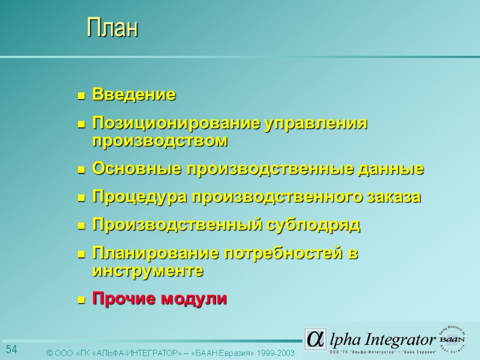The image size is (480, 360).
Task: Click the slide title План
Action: coord(112,28)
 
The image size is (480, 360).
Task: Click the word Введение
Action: coord(134,95)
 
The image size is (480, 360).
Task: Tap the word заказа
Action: coord(392,197)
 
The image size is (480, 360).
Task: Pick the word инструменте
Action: coord(148,271)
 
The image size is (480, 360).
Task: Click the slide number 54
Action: coord(11,350)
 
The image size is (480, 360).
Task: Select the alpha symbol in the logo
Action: coord(314,340)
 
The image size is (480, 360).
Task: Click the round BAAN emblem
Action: coord(455,340)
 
